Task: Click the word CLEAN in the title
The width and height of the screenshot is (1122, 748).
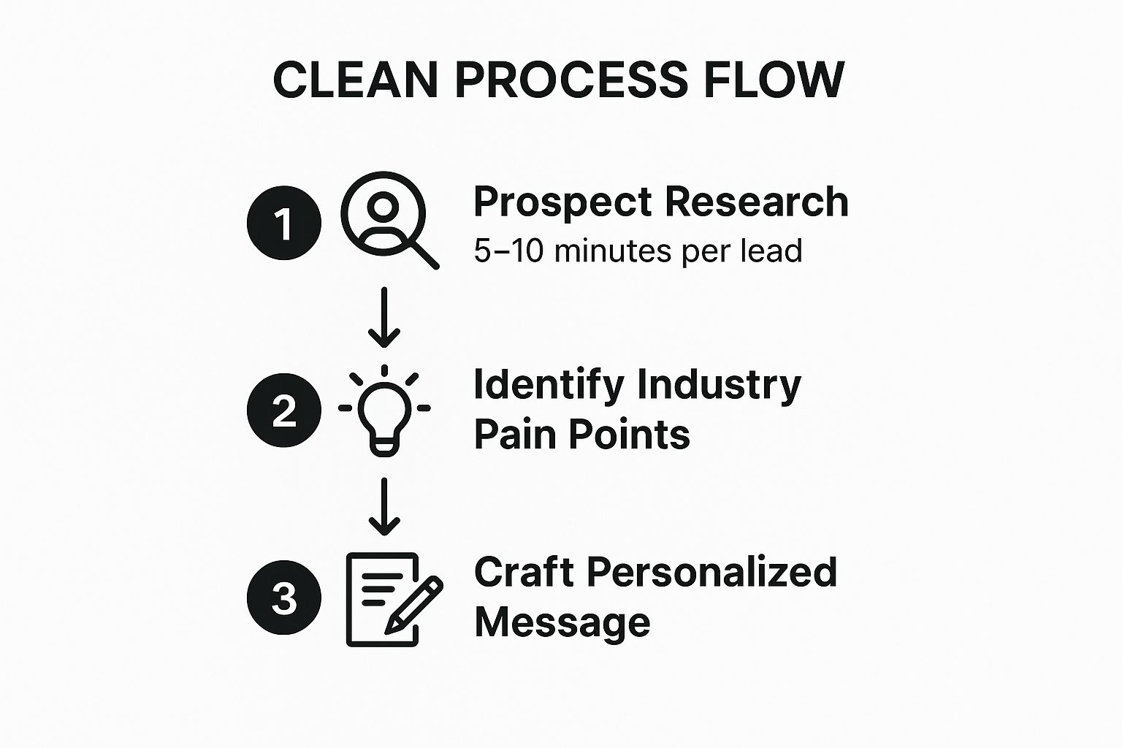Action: click(356, 80)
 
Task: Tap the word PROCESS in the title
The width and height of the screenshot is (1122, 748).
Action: click(571, 80)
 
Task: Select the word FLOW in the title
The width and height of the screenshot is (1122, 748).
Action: click(774, 80)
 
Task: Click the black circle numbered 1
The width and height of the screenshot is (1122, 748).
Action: click(284, 223)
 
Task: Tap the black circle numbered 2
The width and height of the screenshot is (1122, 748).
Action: click(284, 411)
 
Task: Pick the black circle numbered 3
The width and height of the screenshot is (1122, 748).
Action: click(284, 598)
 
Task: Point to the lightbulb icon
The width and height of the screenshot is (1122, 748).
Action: click(384, 411)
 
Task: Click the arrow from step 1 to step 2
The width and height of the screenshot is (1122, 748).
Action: click(384, 317)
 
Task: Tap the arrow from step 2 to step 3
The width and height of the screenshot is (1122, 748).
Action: click(384, 506)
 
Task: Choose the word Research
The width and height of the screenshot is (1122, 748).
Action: click(756, 202)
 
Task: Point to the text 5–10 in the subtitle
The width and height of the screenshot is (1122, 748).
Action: click(508, 251)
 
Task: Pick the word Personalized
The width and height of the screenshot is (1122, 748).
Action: click(711, 572)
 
